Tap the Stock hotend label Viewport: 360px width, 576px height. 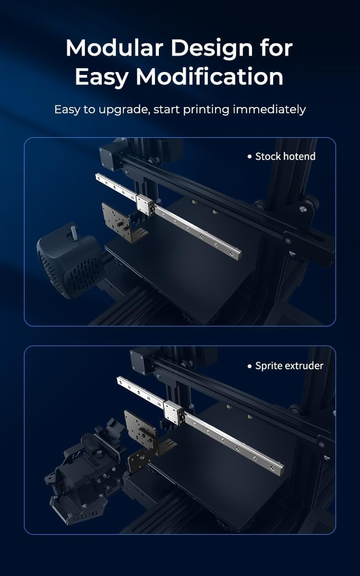pyautogui.click(x=285, y=157)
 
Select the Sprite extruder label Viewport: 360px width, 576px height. pyautogui.click(x=289, y=366)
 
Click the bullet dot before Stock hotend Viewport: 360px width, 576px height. pyautogui.click(x=250, y=157)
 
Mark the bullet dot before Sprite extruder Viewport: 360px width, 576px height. pyautogui.click(x=250, y=366)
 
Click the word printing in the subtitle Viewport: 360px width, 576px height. pyautogui.click(x=206, y=110)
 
